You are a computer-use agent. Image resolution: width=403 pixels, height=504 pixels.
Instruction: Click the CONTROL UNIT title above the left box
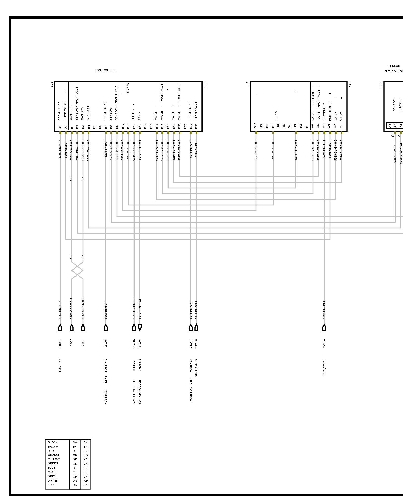click(105, 70)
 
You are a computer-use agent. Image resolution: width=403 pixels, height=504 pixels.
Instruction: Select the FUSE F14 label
click(60, 365)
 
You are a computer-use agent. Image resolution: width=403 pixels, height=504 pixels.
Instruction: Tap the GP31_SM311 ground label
click(324, 368)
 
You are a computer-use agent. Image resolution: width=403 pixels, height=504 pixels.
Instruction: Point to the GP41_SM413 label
click(196, 368)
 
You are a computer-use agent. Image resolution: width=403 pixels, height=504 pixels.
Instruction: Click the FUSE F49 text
click(106, 365)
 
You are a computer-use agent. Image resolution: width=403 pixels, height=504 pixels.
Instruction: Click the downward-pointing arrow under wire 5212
click(140, 327)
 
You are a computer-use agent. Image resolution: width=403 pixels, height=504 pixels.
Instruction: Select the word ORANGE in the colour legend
click(54, 455)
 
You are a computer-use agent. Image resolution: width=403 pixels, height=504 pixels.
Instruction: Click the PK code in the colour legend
click(85, 485)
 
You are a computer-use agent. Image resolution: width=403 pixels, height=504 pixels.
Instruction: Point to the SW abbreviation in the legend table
click(75, 442)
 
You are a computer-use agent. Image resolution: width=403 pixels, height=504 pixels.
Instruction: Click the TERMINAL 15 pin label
click(105, 111)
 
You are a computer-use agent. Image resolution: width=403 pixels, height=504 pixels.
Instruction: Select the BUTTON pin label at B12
click(134, 114)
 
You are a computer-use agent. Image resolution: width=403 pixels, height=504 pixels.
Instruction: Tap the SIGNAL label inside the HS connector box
click(276, 115)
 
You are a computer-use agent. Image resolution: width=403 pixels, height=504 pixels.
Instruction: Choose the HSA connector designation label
click(350, 84)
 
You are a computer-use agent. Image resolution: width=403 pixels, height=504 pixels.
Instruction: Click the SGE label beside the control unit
click(205, 84)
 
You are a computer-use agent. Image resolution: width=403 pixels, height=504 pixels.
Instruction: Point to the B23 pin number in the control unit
click(196, 126)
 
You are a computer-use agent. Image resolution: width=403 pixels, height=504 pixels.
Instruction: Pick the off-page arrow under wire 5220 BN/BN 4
click(324, 327)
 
